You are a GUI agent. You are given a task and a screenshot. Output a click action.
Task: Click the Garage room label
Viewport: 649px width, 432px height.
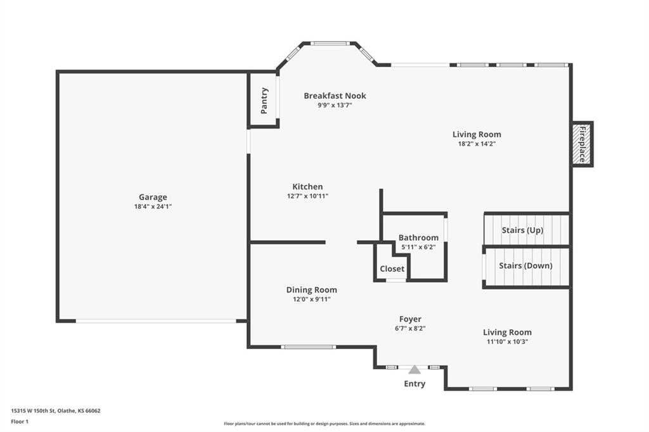tap(153, 198)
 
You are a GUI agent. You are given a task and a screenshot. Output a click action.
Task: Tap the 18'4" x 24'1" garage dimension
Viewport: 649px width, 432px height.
tap(153, 206)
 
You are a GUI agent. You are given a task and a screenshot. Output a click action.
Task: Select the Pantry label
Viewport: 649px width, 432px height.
tap(264, 101)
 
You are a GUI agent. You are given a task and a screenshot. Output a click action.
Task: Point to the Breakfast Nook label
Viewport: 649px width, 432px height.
tap(335, 96)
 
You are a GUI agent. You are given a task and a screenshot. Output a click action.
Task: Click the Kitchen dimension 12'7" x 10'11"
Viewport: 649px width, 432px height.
tap(307, 196)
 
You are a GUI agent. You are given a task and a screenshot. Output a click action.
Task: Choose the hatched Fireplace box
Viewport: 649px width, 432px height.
tap(582, 144)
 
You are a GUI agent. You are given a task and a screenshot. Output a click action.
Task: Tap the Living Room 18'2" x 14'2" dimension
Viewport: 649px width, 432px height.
tap(477, 144)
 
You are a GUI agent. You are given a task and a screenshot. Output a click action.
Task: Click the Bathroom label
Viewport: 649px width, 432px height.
tap(418, 238)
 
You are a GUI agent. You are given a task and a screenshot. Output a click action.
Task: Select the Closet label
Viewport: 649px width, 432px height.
tap(392, 269)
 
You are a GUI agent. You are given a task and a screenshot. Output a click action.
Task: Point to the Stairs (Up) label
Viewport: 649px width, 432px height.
tap(522, 230)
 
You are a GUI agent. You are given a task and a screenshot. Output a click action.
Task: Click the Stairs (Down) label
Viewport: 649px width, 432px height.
tap(525, 265)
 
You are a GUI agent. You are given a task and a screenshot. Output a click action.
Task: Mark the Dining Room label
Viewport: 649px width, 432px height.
tap(312, 289)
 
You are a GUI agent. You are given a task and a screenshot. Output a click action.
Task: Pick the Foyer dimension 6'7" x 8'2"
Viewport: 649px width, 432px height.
tap(410, 329)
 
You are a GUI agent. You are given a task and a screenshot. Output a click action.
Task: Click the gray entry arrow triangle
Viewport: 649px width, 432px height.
tap(414, 369)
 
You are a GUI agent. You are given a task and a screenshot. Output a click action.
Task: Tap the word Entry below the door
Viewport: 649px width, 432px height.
tap(414, 384)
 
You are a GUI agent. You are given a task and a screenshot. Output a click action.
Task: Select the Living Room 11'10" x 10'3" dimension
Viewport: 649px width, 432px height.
tap(507, 342)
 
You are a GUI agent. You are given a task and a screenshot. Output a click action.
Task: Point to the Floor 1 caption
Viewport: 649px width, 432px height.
tap(20, 422)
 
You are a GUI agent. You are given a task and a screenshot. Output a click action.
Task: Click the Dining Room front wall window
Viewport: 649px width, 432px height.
tap(309, 346)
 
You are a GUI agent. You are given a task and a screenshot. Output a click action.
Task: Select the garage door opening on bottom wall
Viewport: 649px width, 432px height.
tap(156, 321)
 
